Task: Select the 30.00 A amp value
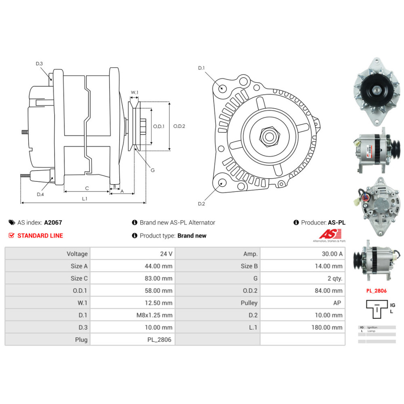(x=334, y=254)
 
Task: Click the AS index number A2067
(x=53, y=222)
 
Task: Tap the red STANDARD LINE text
(x=40, y=236)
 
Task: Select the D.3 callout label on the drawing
(x=39, y=64)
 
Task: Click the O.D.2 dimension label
(x=179, y=126)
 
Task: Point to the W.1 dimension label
(x=135, y=93)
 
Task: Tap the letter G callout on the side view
(x=152, y=170)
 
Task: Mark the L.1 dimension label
(x=85, y=198)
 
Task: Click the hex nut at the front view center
(x=269, y=136)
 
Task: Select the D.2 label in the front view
(x=202, y=204)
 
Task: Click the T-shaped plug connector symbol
(x=377, y=309)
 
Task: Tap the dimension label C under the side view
(x=87, y=188)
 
